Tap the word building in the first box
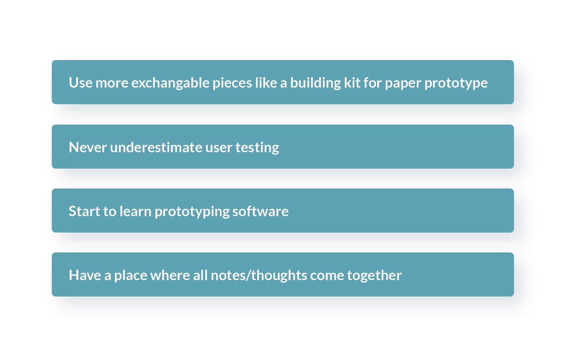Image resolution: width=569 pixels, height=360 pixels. pyautogui.click(x=316, y=83)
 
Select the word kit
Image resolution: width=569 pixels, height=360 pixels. pyautogui.click(x=352, y=83)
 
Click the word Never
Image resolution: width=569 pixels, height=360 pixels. pyautogui.click(x=88, y=148)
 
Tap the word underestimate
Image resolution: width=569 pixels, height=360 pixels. pyautogui.click(x=156, y=148)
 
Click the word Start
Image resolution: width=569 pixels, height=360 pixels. pyautogui.click(x=84, y=211)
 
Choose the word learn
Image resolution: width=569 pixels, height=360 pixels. pyautogui.click(x=136, y=211)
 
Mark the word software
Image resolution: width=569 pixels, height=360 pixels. pyautogui.click(x=260, y=211)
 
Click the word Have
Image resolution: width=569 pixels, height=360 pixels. pyautogui.click(x=85, y=275)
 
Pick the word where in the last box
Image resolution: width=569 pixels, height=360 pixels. pyautogui.click(x=170, y=275)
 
